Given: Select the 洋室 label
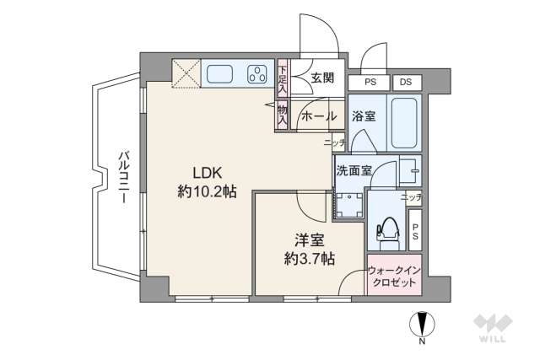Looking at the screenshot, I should point(309,239).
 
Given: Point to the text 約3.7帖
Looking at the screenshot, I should point(309,258).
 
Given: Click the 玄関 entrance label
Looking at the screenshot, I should point(322,78).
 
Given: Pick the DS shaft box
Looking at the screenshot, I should point(406,83).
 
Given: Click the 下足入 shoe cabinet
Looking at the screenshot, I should point(282,78).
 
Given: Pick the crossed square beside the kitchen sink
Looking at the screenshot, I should point(186,73).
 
